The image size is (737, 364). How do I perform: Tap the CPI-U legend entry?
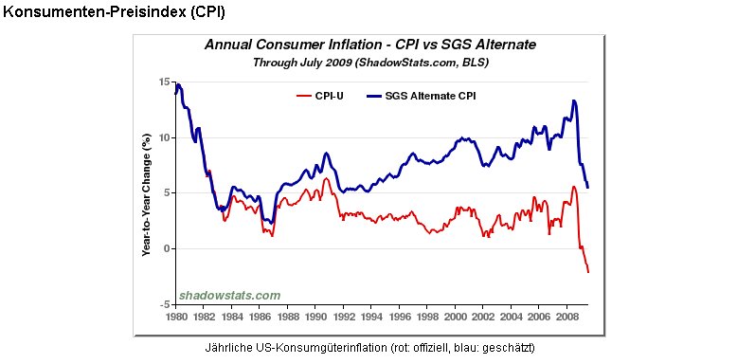tap(319, 97)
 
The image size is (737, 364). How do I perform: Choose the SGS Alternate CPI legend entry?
tap(422, 97)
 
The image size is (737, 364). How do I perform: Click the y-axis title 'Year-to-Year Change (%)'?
tap(147, 194)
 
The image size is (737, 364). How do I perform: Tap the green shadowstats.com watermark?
tap(230, 296)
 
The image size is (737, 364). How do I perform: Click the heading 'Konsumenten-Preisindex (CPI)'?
tap(115, 12)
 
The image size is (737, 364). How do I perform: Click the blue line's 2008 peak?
tap(574, 100)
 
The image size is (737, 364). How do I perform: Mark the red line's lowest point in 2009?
tap(588, 272)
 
